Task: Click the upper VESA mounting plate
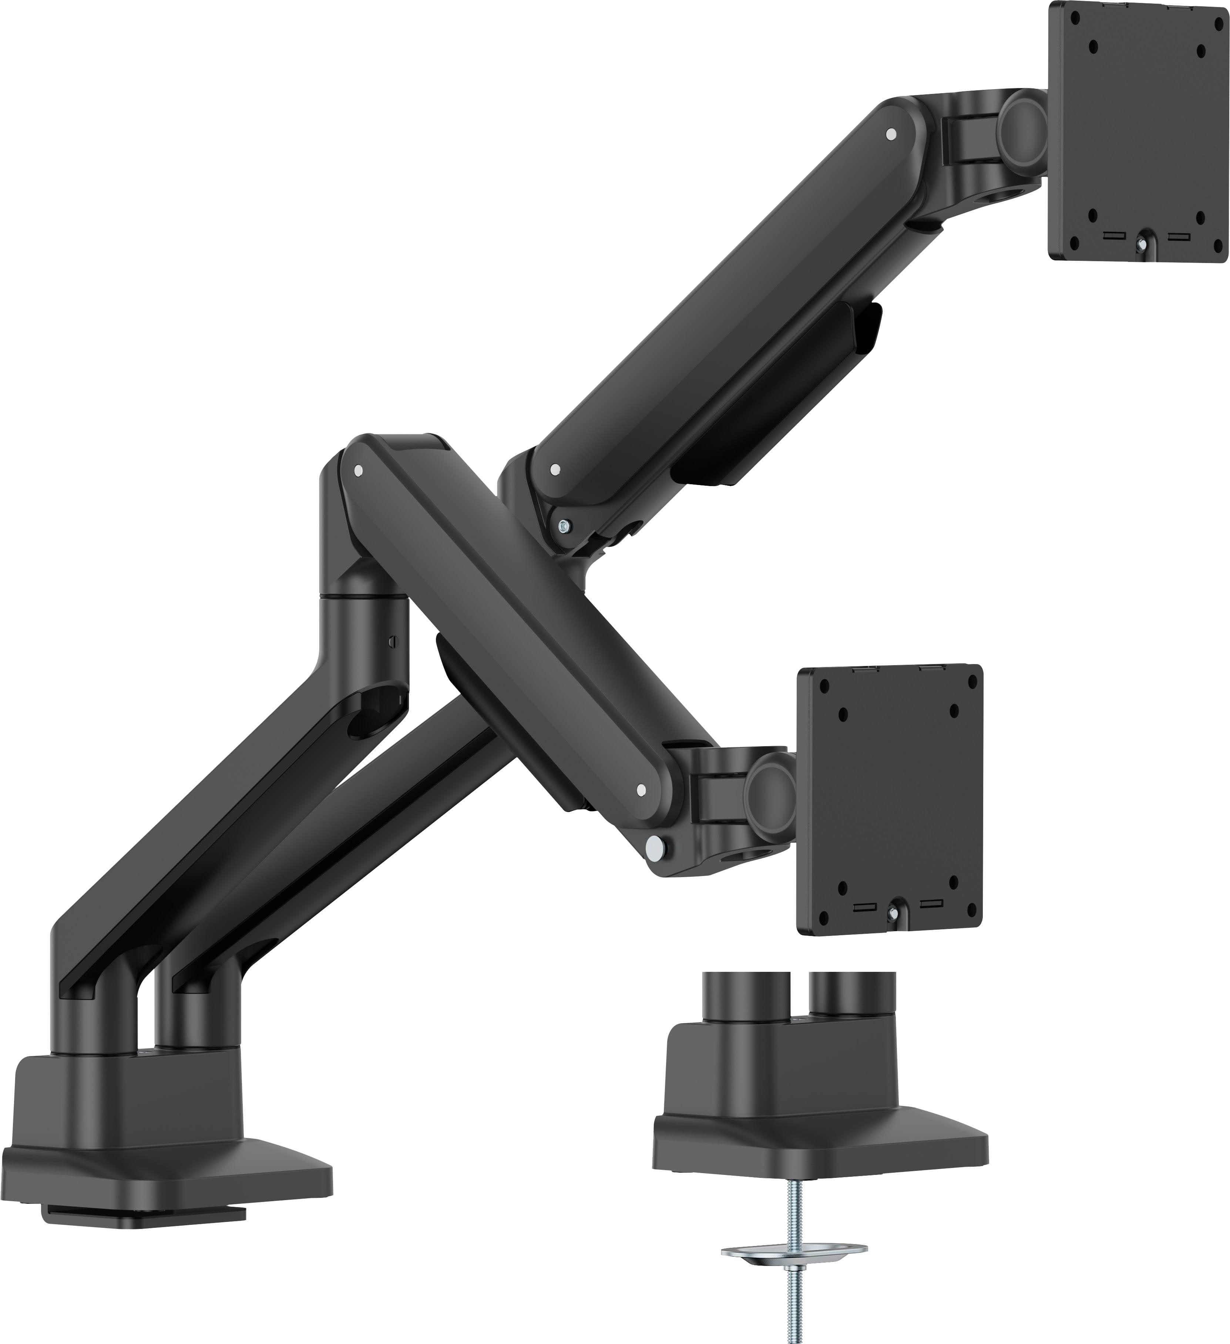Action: click(1139, 133)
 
